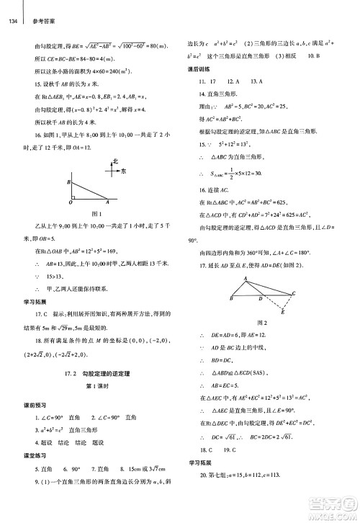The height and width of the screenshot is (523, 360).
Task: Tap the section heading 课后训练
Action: click(199, 69)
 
